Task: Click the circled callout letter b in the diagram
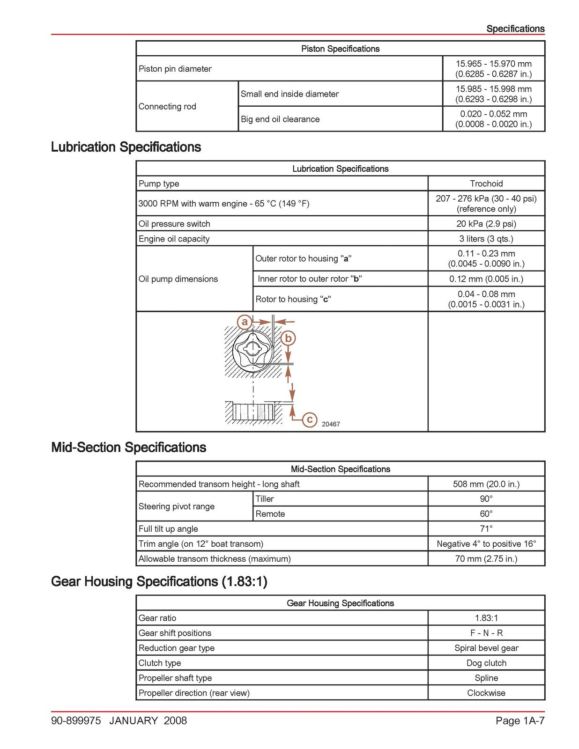[288, 338]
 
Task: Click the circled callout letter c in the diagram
[309, 419]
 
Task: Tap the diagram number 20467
[331, 424]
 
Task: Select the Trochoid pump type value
[486, 184]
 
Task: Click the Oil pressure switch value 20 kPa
[486, 224]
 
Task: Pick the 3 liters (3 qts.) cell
[486, 239]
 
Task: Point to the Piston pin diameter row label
[175, 69]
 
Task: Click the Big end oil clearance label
[280, 119]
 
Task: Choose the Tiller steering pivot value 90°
[486, 499]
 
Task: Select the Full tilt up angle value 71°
[486, 529]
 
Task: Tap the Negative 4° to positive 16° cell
[486, 544]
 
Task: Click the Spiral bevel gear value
[486, 648]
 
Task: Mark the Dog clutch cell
[486, 663]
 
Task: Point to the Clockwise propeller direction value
[486, 693]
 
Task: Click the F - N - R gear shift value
[486, 633]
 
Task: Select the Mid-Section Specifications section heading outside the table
[128, 448]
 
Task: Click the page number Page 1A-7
[520, 720]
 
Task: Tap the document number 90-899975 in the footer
[76, 720]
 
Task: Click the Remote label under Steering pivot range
[270, 514]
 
